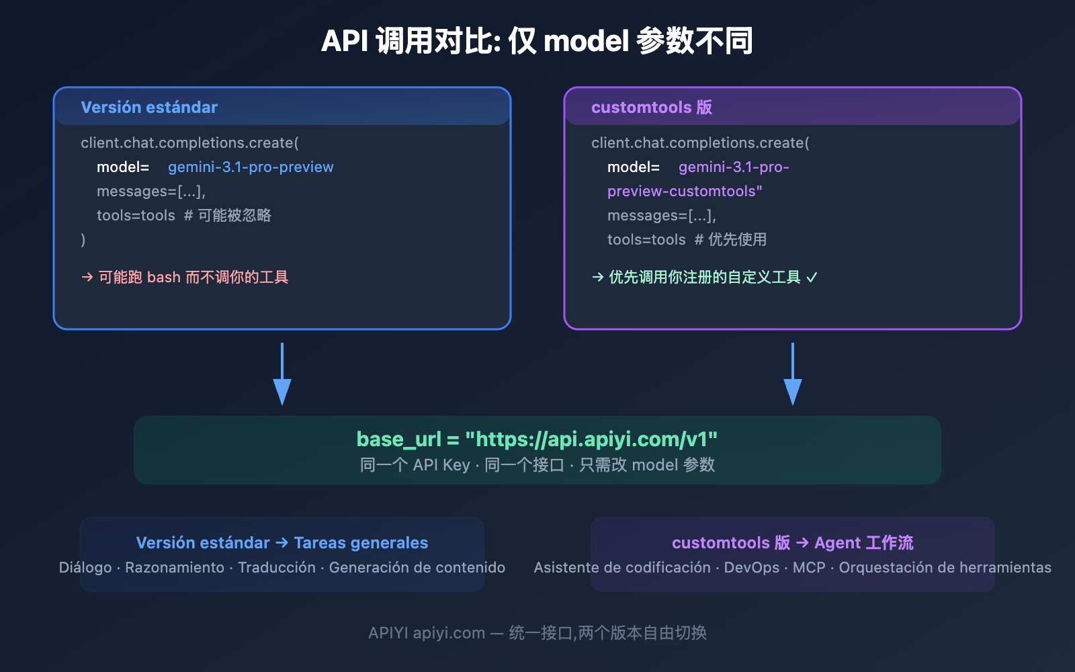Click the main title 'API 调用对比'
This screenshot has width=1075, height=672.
point(410,41)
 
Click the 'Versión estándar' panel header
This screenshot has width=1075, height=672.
point(149,108)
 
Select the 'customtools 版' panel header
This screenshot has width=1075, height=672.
point(651,108)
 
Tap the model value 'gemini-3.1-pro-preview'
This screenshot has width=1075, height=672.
point(251,167)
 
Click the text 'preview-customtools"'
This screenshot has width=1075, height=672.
point(685,192)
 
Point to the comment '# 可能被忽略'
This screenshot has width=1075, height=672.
point(227,216)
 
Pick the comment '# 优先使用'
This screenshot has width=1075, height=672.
point(730,240)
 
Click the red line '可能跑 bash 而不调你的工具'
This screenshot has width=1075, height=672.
point(193,278)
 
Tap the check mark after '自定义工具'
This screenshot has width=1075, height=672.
point(812,278)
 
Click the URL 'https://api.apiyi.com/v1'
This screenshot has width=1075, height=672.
point(591,439)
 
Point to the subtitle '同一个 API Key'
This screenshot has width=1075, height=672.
point(415,465)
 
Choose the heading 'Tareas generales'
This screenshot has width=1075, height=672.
point(361,543)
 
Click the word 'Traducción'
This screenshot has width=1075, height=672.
point(276,568)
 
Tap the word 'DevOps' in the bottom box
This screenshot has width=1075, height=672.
point(751,568)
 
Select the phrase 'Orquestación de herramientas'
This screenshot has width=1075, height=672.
point(945,568)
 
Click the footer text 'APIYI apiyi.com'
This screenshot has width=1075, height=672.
point(426,633)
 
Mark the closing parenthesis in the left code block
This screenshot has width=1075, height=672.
point(83,240)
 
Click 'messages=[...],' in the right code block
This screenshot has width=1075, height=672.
point(661,216)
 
